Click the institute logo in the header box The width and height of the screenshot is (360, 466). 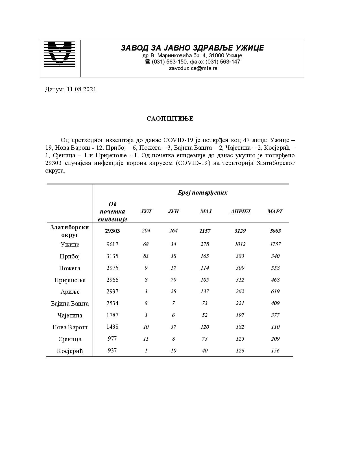pos(60,54)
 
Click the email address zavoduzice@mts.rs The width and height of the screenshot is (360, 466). pos(193,68)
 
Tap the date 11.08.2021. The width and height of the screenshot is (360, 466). pos(82,90)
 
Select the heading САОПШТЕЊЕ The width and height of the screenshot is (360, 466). pos(170,119)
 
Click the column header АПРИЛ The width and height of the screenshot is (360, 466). pos(240,212)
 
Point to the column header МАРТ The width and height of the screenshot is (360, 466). pos(275,212)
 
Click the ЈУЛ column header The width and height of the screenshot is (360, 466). pos(146,212)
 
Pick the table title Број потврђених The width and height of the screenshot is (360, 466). pos(202,193)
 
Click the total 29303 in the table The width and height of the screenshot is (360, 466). pos(112,231)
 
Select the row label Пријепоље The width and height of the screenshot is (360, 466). pos(70,280)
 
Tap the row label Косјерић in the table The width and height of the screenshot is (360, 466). pos(70,351)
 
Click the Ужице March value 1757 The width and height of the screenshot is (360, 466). pos(275,244)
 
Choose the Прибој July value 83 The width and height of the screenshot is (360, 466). pos(146,256)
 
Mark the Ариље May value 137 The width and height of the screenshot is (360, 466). pos(204,291)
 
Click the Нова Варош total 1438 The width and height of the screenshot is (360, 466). pos(112,327)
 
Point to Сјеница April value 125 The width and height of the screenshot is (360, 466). pos(240,339)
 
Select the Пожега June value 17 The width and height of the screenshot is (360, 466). pos(173,268)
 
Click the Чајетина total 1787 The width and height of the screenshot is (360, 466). pos(112,315)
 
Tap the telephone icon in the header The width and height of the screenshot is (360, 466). pos(147,62)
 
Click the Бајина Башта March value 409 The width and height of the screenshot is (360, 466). pos(275,303)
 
